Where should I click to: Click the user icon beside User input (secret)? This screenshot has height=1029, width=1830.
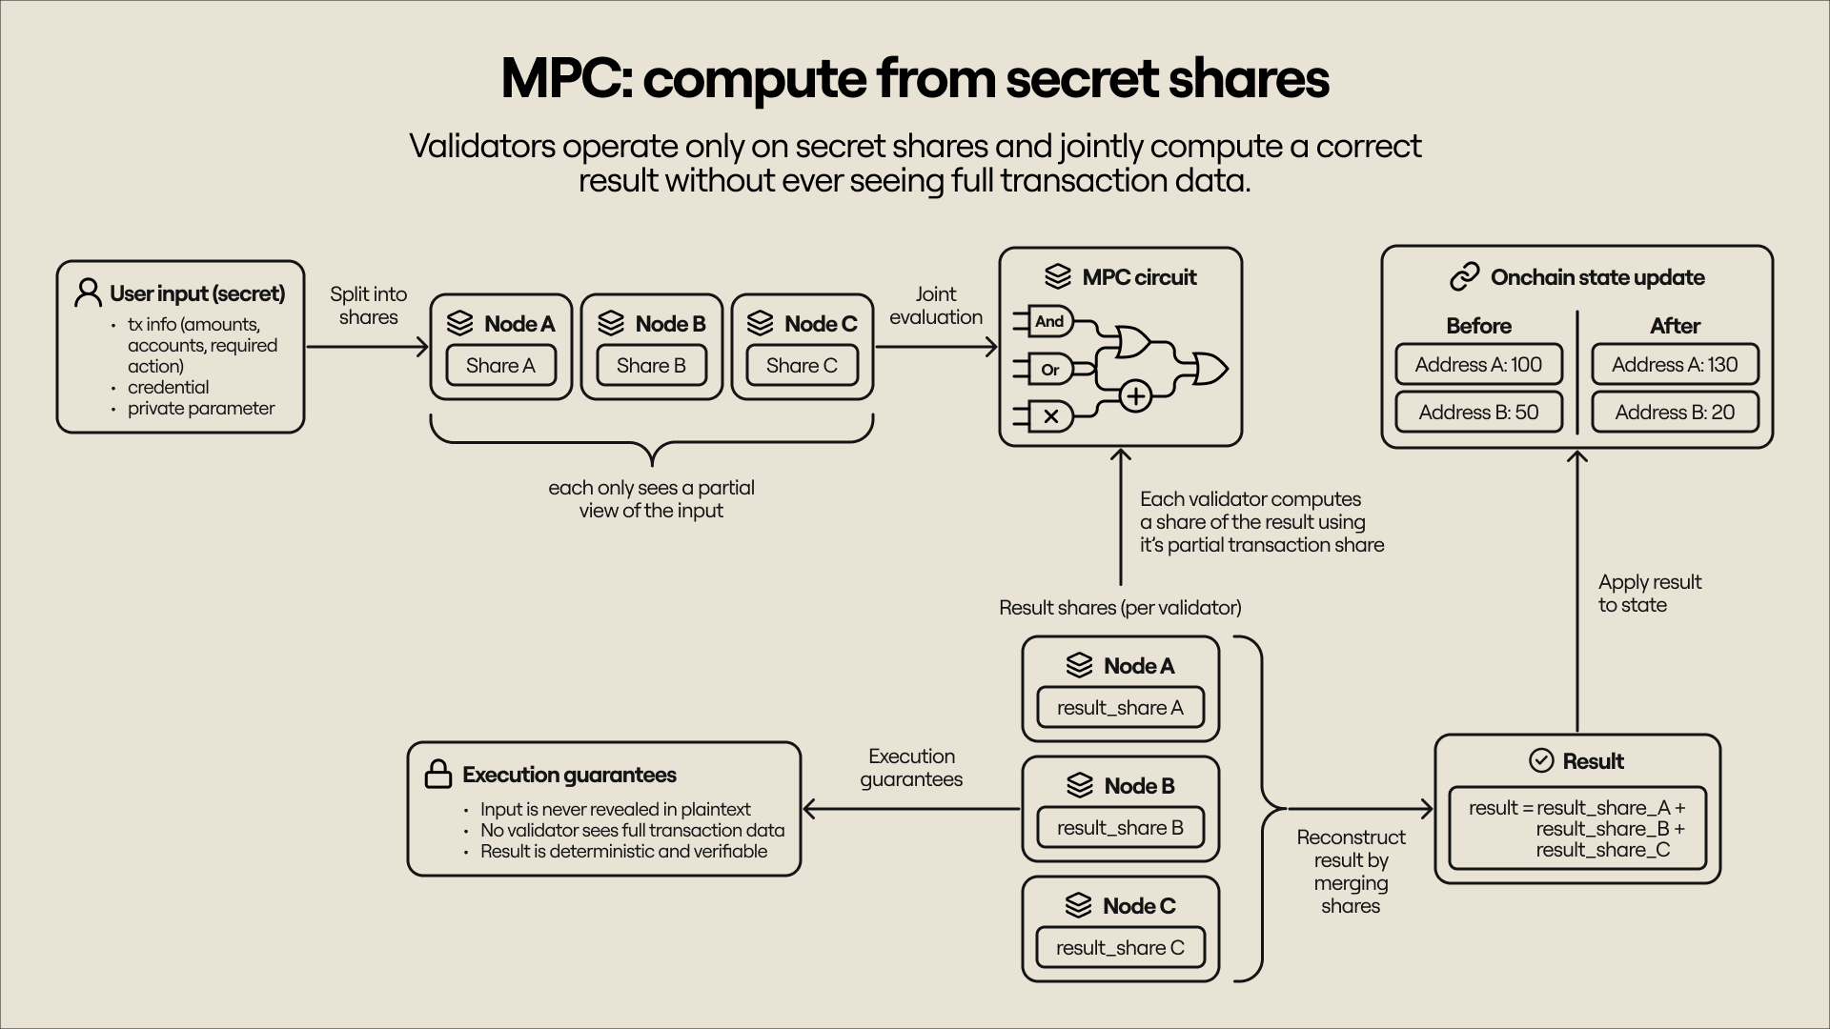pos(88,293)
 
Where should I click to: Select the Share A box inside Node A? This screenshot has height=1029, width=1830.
pos(500,366)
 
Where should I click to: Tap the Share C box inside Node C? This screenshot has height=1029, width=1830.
pos(802,366)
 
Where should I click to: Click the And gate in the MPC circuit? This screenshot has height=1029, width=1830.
pos(1049,322)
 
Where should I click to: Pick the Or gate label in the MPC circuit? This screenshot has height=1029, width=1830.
pos(1049,370)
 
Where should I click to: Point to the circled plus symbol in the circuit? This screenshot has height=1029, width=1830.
pos(1135,395)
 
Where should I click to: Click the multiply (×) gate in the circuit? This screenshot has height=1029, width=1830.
pos(1050,416)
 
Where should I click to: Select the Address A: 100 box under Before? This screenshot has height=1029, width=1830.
pos(1478,365)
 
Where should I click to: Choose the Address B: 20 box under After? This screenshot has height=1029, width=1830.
pos(1675,413)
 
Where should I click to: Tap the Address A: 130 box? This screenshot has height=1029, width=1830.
pos(1675,365)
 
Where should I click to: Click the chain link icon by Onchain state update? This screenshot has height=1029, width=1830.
pos(1464,277)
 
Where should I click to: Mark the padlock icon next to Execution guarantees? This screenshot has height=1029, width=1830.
pos(437,775)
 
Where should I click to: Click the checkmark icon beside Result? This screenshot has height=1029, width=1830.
pos(1541,760)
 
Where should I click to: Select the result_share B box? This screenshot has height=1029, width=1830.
pos(1120,828)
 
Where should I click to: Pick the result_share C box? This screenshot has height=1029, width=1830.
pos(1120,948)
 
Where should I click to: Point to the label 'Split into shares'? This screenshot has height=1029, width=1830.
pos(368,306)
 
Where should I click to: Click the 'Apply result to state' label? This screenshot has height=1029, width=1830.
pos(1649,594)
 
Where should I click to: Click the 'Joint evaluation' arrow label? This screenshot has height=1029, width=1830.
pos(935,306)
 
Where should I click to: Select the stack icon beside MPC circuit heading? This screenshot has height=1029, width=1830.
pos(1057,277)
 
